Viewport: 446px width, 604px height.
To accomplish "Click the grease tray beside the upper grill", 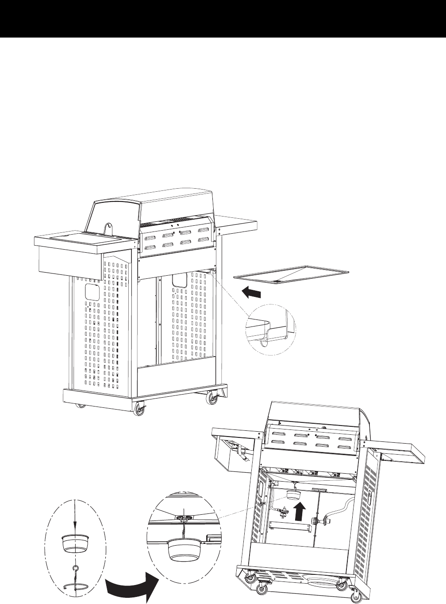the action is [x=295, y=274].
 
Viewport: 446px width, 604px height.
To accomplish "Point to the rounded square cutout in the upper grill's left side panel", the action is [x=92, y=292].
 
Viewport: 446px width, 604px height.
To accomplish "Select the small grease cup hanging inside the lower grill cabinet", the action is [x=292, y=494].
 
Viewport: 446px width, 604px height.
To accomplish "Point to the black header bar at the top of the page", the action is [x=223, y=19].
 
